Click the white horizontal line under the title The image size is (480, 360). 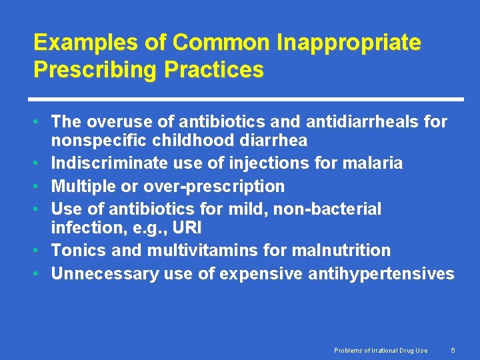[x=248, y=99]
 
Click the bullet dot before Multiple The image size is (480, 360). [x=41, y=187]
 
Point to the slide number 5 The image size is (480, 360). [x=453, y=350]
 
